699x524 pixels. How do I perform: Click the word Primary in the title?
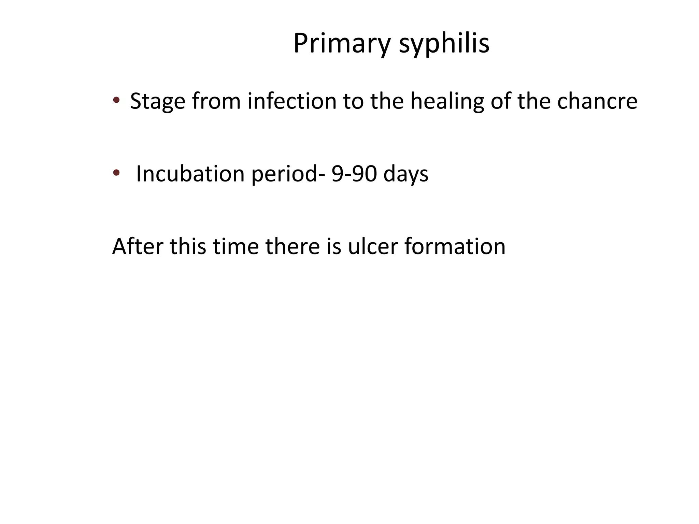pos(342,44)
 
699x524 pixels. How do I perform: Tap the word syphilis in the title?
pos(444,44)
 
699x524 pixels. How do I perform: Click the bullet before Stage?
pos(116,100)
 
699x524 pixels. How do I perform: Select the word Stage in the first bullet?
pos(158,101)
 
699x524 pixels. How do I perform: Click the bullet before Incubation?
pos(116,173)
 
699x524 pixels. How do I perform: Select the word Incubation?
pos(190,174)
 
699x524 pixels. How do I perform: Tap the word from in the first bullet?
pos(216,101)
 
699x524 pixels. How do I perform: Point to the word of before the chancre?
pos(501,101)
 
